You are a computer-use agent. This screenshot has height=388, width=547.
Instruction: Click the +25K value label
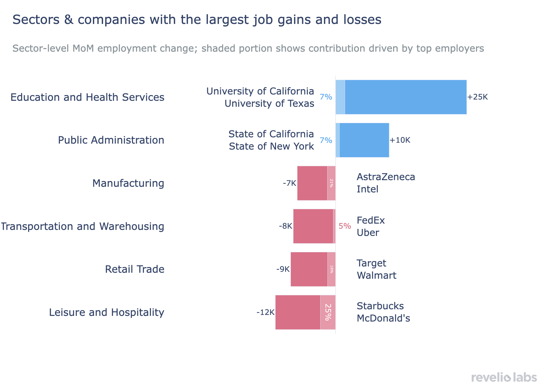(x=477, y=97)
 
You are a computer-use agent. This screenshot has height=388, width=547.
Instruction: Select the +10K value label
(x=400, y=140)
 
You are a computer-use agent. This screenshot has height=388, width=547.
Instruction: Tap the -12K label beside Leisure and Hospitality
(x=265, y=312)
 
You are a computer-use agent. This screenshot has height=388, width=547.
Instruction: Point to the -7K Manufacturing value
(x=289, y=183)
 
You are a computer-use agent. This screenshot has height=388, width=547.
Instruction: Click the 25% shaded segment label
(x=328, y=312)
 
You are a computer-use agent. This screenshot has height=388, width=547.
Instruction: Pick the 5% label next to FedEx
(x=345, y=226)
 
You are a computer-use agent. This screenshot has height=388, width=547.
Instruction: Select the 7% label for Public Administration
(x=326, y=140)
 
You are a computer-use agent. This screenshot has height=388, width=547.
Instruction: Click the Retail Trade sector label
(x=135, y=269)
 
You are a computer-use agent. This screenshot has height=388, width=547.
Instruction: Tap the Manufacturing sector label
(x=128, y=183)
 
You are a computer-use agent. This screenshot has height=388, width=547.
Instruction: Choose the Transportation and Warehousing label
(x=82, y=226)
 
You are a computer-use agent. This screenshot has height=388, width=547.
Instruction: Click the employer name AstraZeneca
(x=386, y=177)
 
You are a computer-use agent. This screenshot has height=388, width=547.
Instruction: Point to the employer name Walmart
(x=376, y=276)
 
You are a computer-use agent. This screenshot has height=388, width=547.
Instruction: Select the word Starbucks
(x=380, y=306)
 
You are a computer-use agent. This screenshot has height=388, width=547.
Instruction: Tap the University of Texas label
(x=269, y=104)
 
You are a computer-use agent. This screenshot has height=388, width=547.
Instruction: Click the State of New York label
(x=271, y=146)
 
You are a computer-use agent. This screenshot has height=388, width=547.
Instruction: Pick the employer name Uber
(x=368, y=233)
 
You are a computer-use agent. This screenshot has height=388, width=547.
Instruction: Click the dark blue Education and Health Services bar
(x=406, y=97)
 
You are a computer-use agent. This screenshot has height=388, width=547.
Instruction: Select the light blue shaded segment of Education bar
(x=340, y=97)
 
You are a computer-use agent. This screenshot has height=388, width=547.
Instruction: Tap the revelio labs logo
(x=504, y=377)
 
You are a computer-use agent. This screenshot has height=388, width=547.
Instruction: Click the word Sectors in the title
(x=36, y=20)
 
